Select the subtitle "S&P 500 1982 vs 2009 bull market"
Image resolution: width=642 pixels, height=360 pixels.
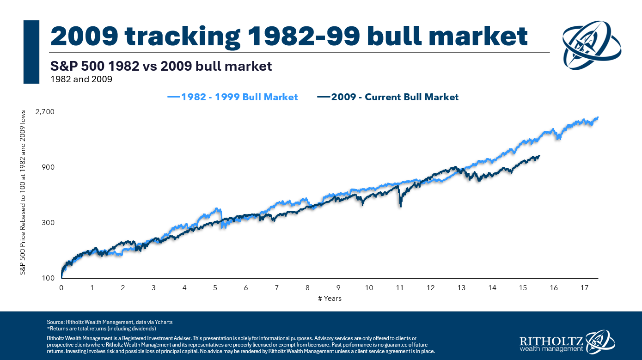[x=161, y=66]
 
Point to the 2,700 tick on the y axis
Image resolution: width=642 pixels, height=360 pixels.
[x=45, y=112]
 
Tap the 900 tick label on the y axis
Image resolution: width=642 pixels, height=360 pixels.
[x=49, y=167]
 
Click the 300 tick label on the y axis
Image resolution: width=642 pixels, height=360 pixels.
[x=49, y=223]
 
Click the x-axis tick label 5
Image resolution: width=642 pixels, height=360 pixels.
[x=215, y=288]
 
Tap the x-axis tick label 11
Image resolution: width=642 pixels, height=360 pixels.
[x=400, y=288]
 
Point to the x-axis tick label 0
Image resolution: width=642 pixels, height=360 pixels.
[x=61, y=288]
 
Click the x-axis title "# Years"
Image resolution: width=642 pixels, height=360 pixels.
[x=330, y=299]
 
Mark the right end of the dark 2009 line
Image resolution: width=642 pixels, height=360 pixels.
[x=539, y=156]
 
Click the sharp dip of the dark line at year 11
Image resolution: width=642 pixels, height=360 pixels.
[x=400, y=206]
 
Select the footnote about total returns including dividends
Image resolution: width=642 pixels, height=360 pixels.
[x=101, y=329]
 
